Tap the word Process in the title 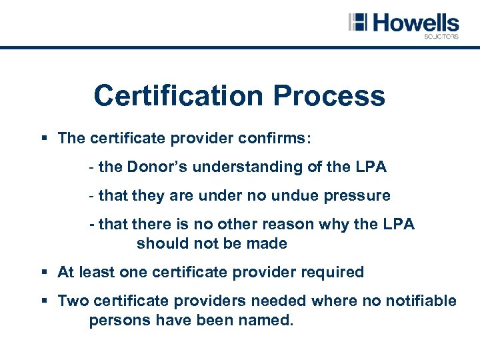click(x=329, y=96)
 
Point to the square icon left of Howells click(x=358, y=22)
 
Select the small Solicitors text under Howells click(x=441, y=37)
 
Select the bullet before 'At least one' click(x=43, y=273)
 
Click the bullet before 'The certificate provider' click(x=43, y=139)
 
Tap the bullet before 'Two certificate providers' click(x=43, y=301)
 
